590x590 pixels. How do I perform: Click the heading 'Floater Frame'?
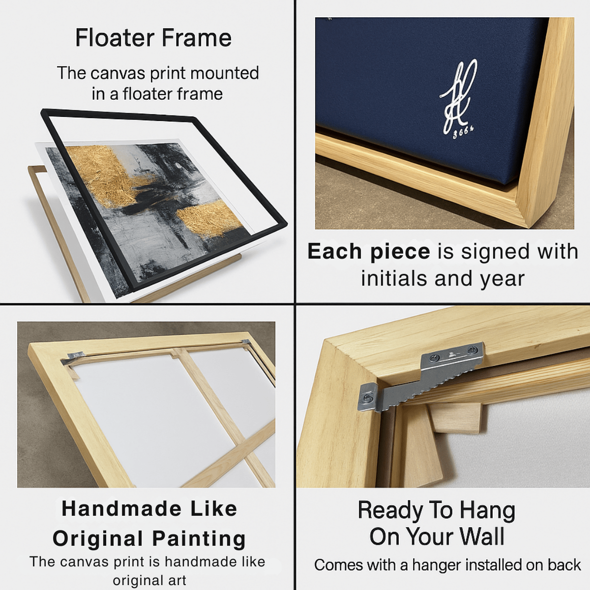[x=153, y=38]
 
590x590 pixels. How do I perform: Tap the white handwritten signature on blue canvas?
[x=458, y=96]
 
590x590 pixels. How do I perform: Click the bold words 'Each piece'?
[x=369, y=252]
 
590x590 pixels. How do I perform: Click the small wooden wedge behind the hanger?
[x=455, y=418]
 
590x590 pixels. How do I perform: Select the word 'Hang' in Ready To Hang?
[x=488, y=510]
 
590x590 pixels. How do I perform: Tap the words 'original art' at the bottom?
[x=149, y=581]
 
